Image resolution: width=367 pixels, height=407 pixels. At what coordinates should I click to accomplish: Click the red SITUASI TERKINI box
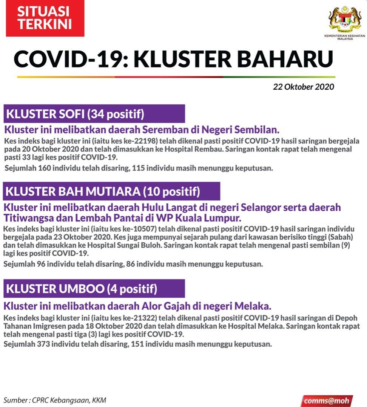coord(45,18)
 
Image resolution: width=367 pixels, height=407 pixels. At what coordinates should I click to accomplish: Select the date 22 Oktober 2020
coord(304,87)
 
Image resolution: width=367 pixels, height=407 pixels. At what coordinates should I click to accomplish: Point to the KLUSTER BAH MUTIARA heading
coord(103,191)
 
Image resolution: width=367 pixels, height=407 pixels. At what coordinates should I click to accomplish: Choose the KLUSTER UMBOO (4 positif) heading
coord(82,289)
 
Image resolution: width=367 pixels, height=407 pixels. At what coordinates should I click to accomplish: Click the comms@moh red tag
coord(327,401)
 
